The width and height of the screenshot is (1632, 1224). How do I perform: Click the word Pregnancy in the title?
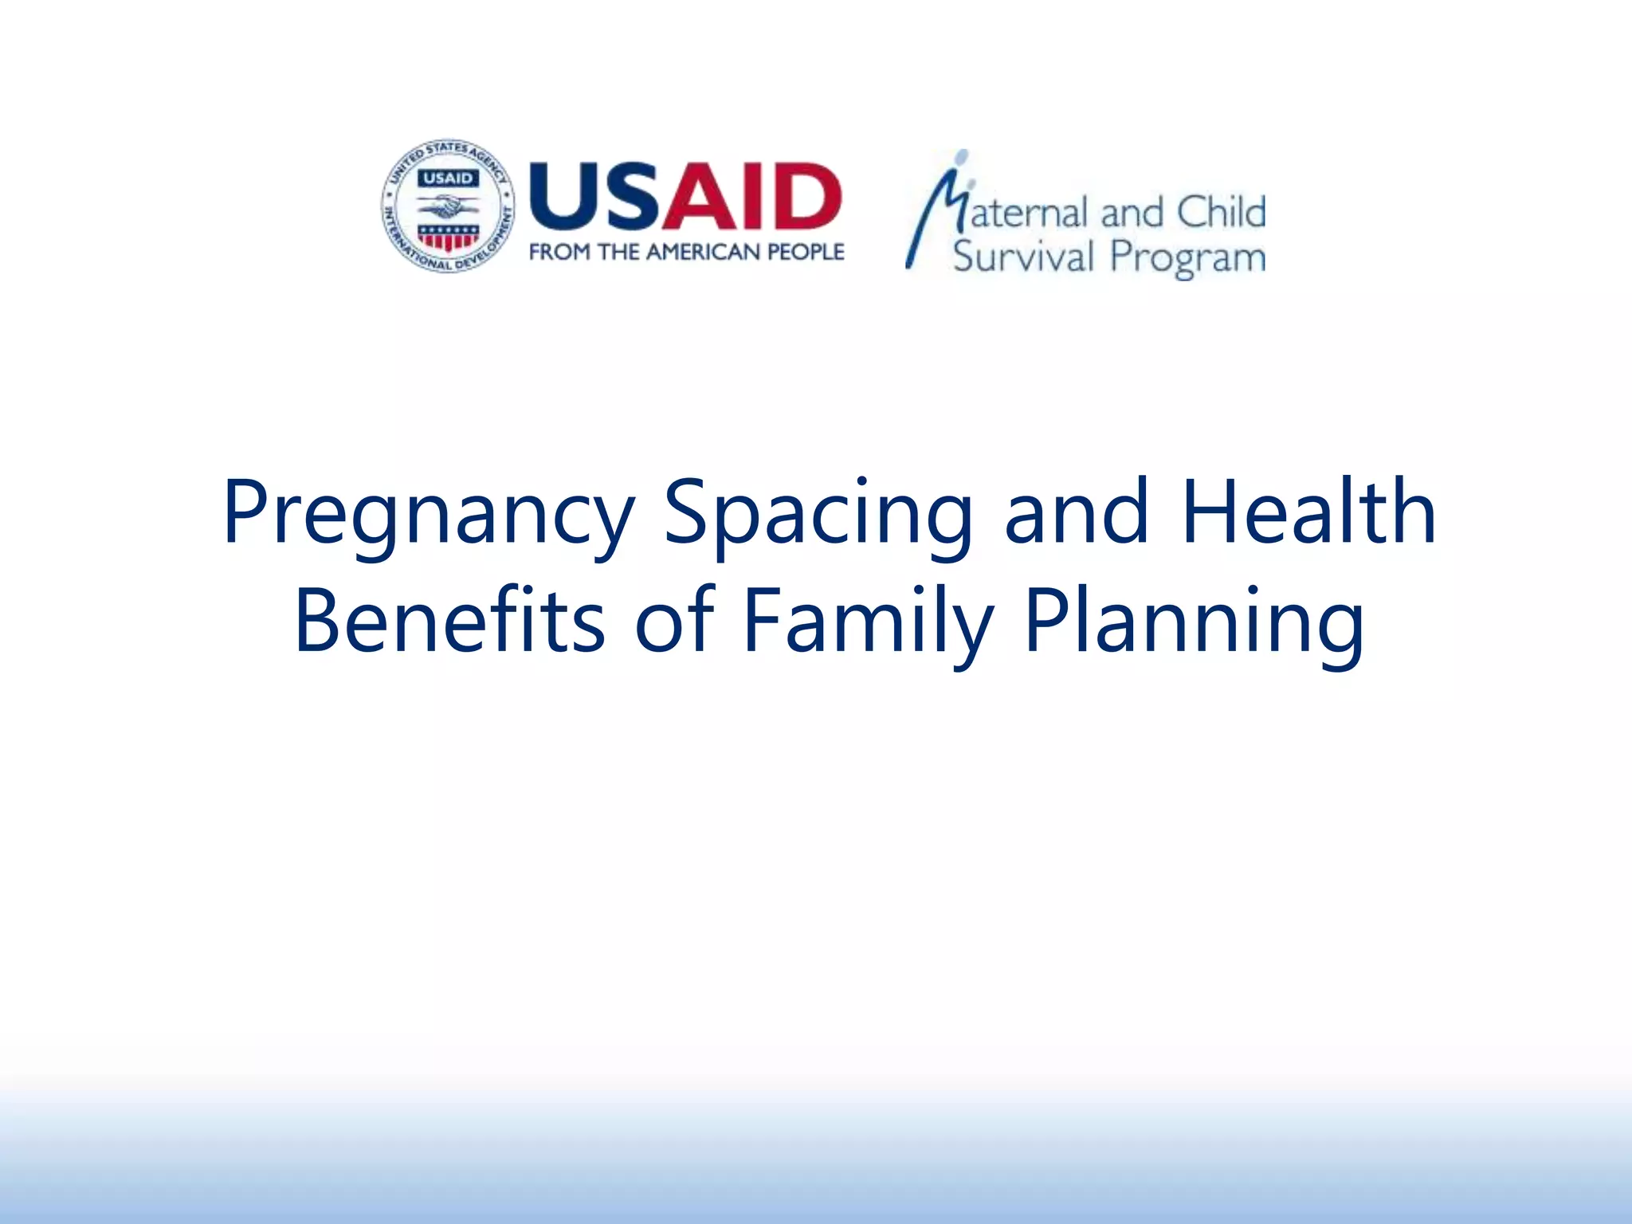click(x=428, y=514)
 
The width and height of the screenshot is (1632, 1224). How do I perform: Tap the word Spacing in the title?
click(x=818, y=514)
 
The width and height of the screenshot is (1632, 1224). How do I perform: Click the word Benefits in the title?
click(x=449, y=620)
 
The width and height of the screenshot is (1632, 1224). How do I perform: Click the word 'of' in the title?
click(x=674, y=620)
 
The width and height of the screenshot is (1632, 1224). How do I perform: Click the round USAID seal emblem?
click(x=448, y=206)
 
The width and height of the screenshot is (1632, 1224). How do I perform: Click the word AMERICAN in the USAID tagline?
click(x=702, y=252)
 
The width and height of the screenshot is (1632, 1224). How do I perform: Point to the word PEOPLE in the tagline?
click(x=805, y=252)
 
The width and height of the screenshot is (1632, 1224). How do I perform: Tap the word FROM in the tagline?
click(x=559, y=252)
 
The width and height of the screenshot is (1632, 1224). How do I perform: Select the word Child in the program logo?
click(x=1221, y=213)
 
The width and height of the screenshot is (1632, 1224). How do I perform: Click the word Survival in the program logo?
click(x=1023, y=257)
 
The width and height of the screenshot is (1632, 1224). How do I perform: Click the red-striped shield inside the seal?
click(x=448, y=237)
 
